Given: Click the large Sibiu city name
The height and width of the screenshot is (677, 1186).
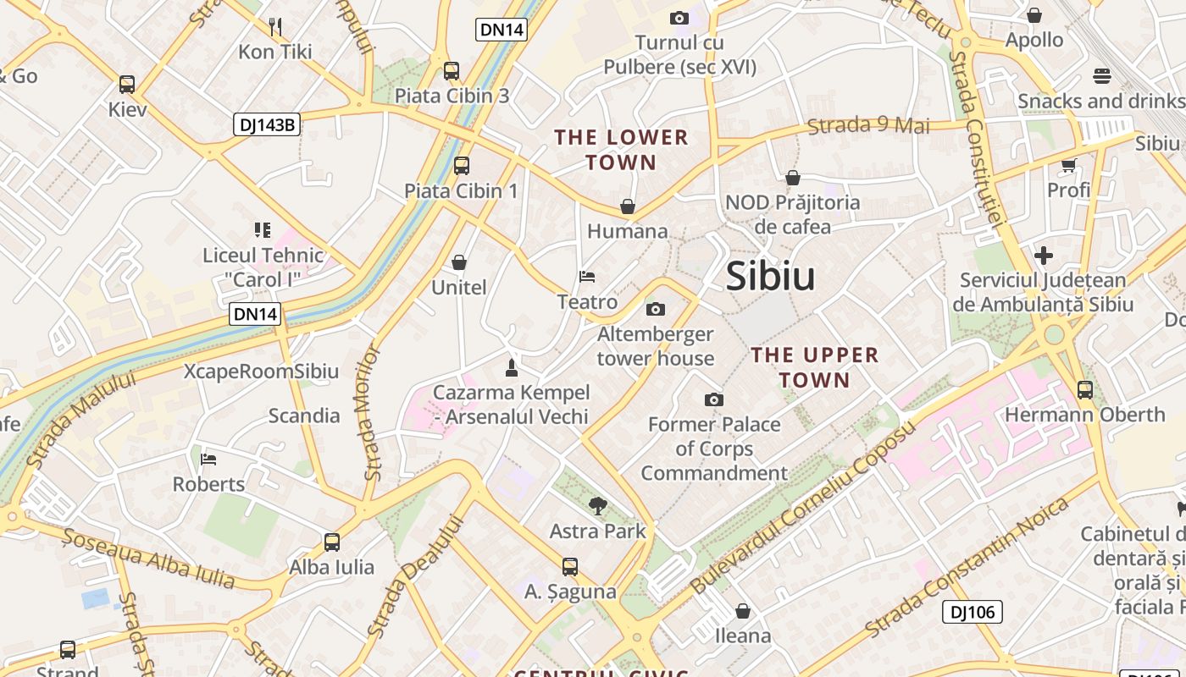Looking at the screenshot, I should [770, 277].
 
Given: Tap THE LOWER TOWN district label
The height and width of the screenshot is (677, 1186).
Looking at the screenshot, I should [621, 150].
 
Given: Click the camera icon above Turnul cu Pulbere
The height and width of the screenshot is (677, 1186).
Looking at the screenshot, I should [679, 18].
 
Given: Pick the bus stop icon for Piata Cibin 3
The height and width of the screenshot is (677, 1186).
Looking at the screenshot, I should [452, 71].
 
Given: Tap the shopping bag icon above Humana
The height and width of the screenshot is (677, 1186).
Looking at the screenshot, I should [628, 206].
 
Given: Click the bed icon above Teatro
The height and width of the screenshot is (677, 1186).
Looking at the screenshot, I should [587, 277].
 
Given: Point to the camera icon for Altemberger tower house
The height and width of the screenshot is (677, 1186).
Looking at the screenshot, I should [656, 309].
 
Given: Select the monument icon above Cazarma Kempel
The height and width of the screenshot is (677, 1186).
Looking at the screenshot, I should [511, 367].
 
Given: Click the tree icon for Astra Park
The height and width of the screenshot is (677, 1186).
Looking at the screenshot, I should [598, 506].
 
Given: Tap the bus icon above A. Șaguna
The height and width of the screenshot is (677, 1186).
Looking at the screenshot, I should [570, 567].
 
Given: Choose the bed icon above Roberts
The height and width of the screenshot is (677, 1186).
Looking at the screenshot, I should [208, 460].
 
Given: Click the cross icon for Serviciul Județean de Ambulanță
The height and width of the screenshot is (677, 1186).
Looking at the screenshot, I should [1044, 255].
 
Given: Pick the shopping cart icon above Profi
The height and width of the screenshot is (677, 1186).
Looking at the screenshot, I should [1068, 165].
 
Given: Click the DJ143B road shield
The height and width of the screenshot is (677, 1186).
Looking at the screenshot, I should [267, 125].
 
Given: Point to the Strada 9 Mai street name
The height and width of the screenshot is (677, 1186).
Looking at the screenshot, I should [868, 126].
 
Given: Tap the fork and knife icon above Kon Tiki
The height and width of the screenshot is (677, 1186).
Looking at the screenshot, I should [275, 26].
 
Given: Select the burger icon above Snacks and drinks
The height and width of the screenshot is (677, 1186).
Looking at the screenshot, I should [1101, 76].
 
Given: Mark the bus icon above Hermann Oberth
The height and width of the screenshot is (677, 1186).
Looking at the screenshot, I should [1085, 390].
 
